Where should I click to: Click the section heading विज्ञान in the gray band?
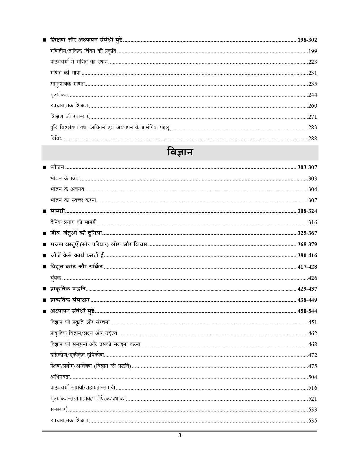click(180, 153)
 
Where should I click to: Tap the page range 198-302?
click(307, 40)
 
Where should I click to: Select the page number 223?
click(313, 62)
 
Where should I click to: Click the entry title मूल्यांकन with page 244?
click(59, 95)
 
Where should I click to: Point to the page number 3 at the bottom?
click(180, 435)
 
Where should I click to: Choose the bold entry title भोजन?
click(57, 167)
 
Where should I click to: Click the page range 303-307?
click(307, 167)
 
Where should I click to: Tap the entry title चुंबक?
click(56, 278)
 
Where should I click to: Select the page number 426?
click(313, 278)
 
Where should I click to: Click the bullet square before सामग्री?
click(44, 211)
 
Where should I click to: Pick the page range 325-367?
click(307, 233)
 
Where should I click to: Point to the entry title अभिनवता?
click(60, 377)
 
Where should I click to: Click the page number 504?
click(313, 377)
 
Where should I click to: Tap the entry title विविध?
click(56, 139)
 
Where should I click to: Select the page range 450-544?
click(307, 311)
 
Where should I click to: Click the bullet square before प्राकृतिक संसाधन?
click(44, 300)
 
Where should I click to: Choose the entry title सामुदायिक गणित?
click(67, 84)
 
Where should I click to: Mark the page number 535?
click(313, 421)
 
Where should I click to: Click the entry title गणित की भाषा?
click(65, 73)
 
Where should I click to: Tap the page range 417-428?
click(307, 267)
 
